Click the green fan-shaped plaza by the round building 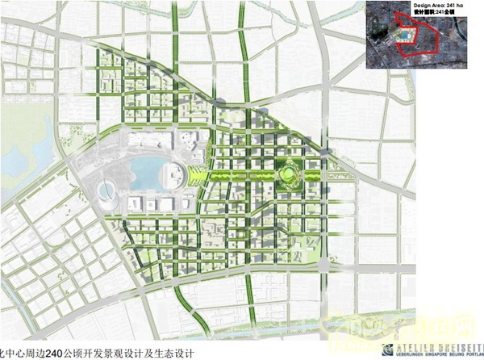click(194, 174)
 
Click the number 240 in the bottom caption click(56, 353)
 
